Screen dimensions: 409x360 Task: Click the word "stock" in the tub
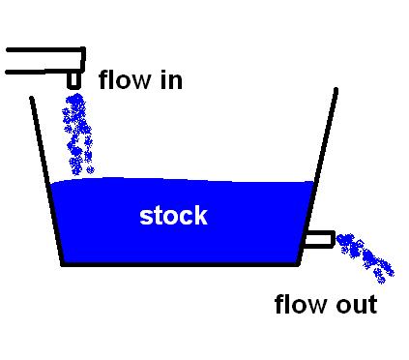[x=173, y=216]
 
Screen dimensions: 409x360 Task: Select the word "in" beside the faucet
[x=171, y=80]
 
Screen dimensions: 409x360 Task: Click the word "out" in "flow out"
[x=357, y=305]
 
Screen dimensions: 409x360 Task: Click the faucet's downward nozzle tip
[x=73, y=86]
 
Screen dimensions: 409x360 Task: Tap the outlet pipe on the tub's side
[x=319, y=239]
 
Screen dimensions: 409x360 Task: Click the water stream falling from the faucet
[x=77, y=135]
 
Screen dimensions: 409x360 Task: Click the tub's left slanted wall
[x=47, y=181]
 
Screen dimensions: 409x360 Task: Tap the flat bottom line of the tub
[x=180, y=264]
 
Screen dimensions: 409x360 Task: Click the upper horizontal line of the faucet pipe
[x=45, y=49]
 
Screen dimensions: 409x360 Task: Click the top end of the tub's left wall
[x=32, y=98]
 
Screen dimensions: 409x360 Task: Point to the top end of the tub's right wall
[x=336, y=89]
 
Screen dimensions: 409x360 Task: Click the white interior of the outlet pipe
[x=318, y=239]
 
